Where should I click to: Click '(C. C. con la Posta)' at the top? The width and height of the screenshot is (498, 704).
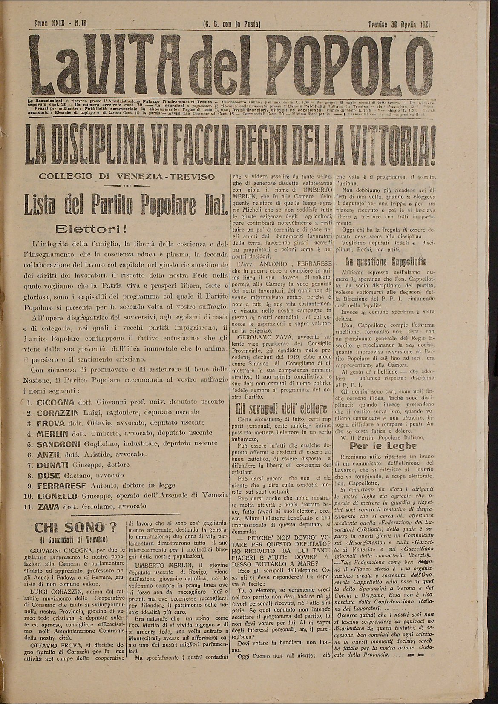[x=232, y=24]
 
